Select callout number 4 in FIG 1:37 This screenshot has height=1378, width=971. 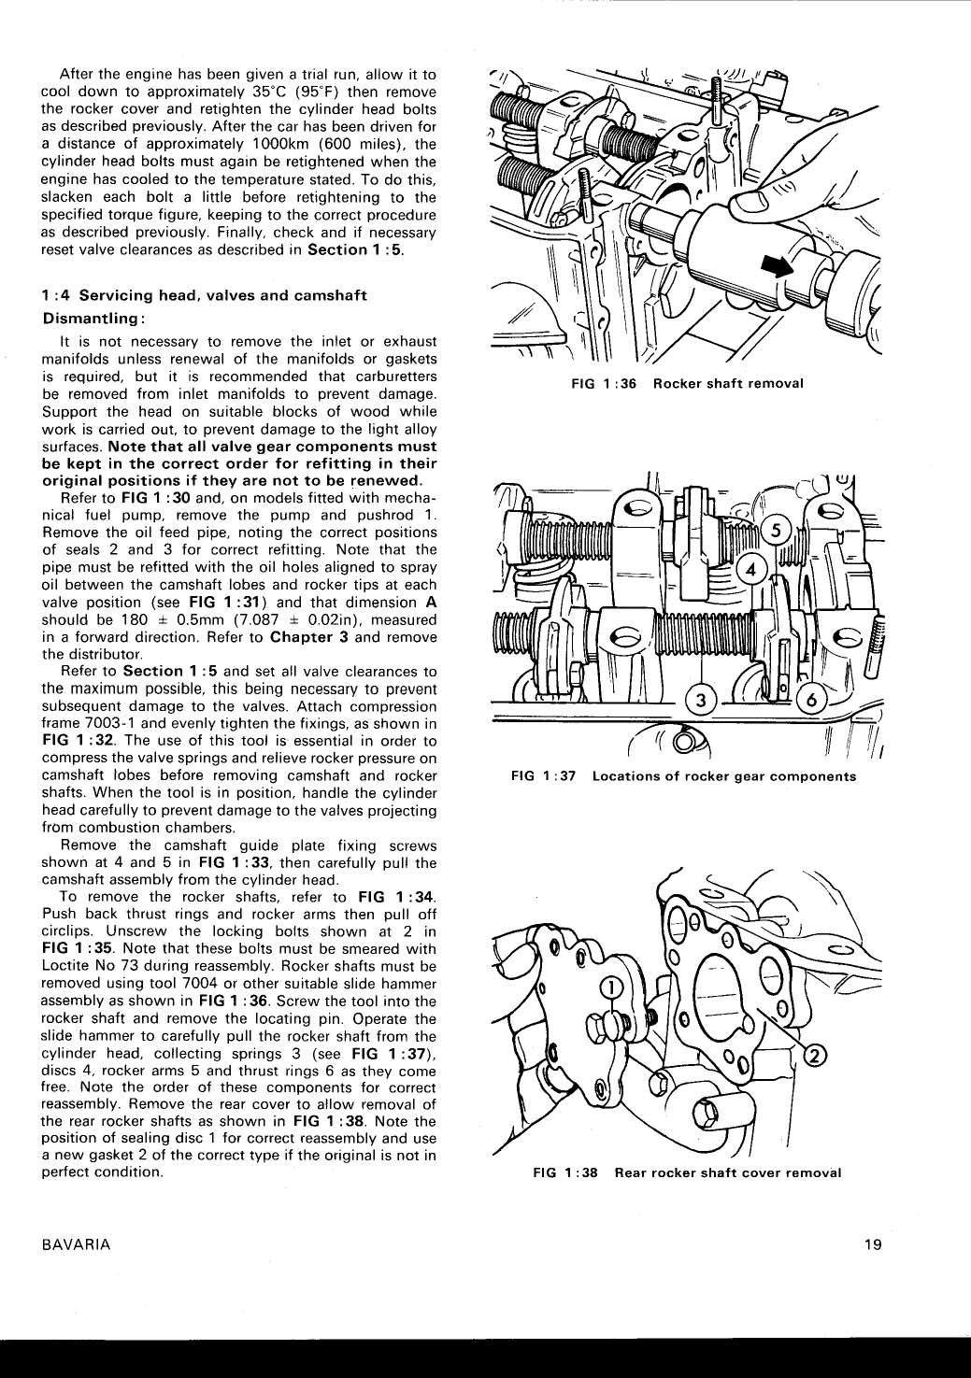750,568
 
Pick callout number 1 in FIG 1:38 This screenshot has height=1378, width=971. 609,987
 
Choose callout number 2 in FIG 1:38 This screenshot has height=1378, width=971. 814,1055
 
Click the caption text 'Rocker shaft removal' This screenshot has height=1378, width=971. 728,384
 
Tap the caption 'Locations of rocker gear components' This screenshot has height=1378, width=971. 723,776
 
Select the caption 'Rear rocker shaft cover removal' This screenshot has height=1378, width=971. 727,1172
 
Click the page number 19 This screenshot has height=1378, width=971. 873,1243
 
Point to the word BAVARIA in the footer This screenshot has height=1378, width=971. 77,1243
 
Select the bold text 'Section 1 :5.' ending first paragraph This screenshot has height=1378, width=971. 355,249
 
